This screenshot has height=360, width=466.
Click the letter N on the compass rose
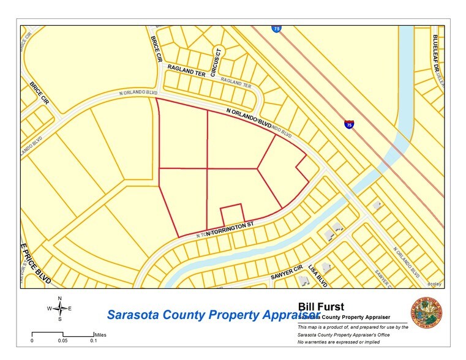[59, 298]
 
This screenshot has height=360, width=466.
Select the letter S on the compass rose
[59, 319]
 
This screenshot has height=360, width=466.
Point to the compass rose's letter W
[49, 309]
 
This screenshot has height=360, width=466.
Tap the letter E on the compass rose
[70, 309]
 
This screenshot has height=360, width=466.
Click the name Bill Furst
[321, 306]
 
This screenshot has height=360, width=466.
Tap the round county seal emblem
[426, 315]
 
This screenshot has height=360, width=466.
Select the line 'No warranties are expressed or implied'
[337, 343]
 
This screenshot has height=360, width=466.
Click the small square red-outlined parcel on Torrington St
[232, 214]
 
